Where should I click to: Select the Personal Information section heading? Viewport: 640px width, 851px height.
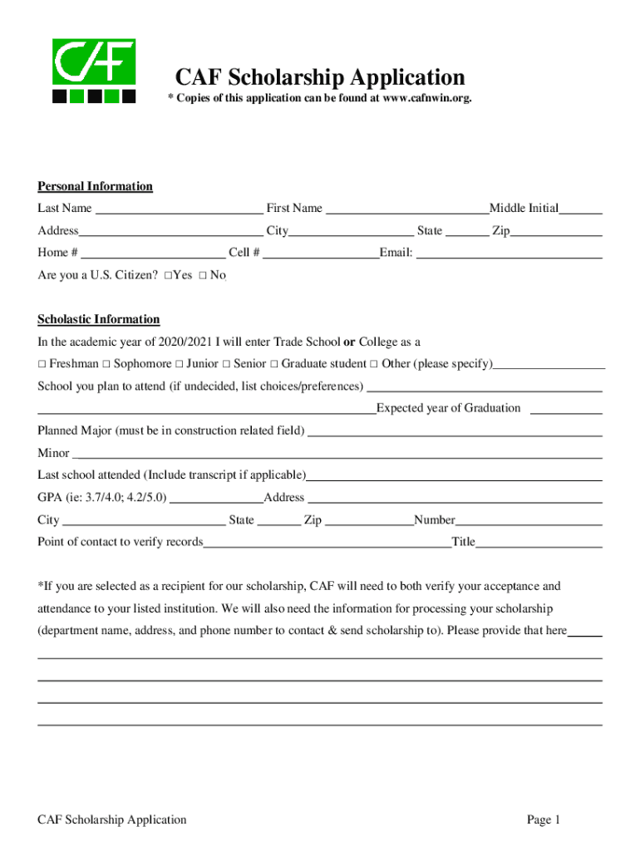(x=95, y=186)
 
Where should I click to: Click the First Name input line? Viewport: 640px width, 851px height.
(x=406, y=209)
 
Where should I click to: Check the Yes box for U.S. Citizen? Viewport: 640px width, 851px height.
(x=169, y=275)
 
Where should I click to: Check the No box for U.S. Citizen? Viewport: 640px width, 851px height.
(x=203, y=275)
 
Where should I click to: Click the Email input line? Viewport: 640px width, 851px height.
(x=509, y=253)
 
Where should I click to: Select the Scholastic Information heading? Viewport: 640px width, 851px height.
(x=98, y=319)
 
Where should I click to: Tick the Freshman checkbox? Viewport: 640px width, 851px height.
(x=42, y=364)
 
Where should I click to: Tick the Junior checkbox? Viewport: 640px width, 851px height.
(x=180, y=364)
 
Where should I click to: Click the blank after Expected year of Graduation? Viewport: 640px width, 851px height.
(x=565, y=408)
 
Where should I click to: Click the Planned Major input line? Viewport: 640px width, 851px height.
(x=455, y=430)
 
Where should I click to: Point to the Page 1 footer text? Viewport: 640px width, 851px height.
(x=544, y=819)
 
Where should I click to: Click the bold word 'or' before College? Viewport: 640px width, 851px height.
(x=349, y=342)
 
